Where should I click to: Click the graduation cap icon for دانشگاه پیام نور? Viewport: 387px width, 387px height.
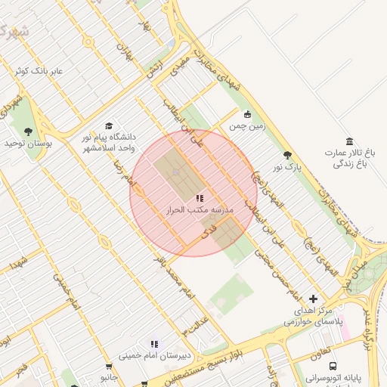click(x=108, y=125)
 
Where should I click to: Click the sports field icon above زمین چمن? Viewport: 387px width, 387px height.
click(x=247, y=115)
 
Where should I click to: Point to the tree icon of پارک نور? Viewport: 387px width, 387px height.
click(x=286, y=155)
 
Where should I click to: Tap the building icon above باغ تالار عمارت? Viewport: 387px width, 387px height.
click(x=348, y=141)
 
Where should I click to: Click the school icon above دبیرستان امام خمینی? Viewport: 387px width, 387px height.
click(x=154, y=344)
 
